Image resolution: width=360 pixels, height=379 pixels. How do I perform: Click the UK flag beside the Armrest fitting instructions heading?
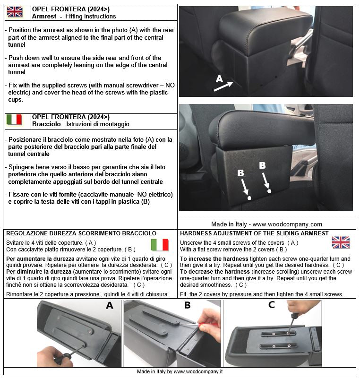click(x=15, y=12)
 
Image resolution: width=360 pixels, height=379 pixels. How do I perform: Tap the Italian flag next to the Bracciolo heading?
click(x=14, y=120)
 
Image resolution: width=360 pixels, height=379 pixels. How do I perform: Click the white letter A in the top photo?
click(x=219, y=78)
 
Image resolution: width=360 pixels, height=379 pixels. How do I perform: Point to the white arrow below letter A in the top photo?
click(x=223, y=86)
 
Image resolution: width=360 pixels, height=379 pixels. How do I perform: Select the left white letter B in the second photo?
click(x=240, y=173)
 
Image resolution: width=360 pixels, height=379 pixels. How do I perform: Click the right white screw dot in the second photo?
click(x=269, y=191)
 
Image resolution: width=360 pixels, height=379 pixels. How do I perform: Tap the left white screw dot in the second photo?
click(x=249, y=198)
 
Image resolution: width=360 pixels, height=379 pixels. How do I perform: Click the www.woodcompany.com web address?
click(x=287, y=224)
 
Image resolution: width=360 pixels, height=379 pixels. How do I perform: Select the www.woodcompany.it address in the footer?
click(x=198, y=371)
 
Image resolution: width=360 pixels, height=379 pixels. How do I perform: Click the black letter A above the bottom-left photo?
click(x=110, y=306)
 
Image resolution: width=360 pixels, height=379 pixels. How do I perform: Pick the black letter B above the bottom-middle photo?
click(x=188, y=305)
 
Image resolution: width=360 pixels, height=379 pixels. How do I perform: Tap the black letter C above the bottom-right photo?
click(x=272, y=304)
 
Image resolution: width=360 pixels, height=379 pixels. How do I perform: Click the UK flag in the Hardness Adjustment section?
click(x=341, y=242)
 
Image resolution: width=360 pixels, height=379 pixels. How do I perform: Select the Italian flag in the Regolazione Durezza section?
click(x=160, y=245)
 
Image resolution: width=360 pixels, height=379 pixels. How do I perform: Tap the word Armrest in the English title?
click(x=44, y=17)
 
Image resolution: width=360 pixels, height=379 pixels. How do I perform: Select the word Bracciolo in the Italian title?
click(x=46, y=124)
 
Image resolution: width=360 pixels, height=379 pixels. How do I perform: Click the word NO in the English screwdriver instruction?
click(x=170, y=86)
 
